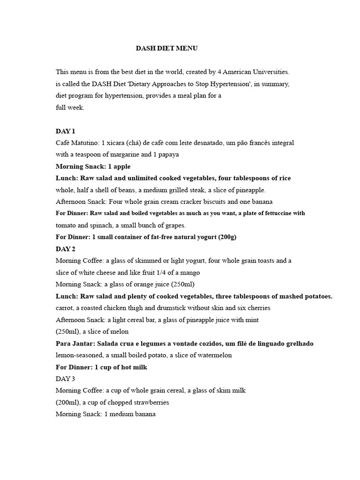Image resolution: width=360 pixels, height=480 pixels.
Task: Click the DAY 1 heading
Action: click(65, 131)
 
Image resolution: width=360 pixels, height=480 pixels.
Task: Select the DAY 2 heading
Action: click(66, 248)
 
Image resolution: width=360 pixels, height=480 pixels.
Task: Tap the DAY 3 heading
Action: click(65, 378)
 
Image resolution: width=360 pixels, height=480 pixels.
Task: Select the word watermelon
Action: click(215, 355)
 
